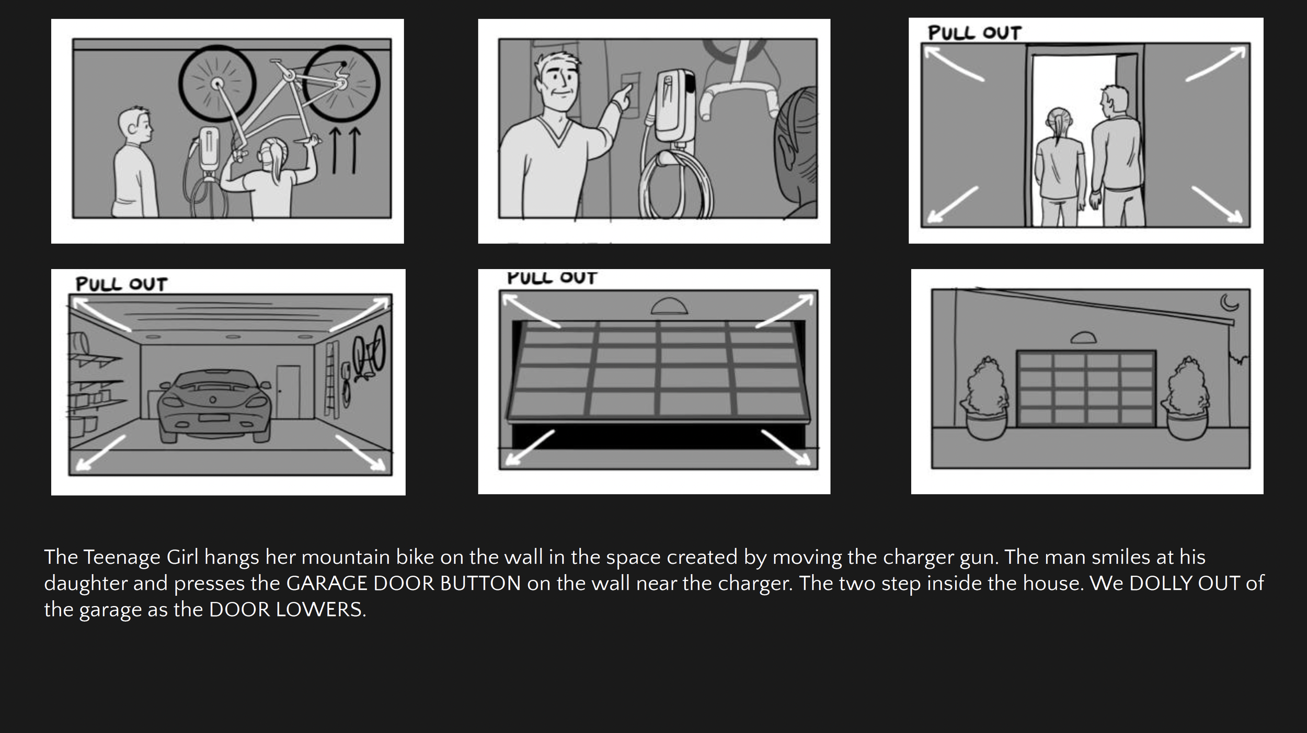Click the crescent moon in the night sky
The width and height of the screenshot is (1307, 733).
1229,302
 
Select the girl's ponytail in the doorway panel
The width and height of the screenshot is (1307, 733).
1057,128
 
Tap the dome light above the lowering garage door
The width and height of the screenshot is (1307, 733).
669,306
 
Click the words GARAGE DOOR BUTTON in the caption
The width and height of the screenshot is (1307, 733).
403,584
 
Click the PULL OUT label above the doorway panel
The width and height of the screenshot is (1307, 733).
974,33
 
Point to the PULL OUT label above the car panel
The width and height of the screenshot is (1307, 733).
121,284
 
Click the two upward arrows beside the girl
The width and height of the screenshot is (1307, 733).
345,150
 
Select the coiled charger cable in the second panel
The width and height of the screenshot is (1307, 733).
675,185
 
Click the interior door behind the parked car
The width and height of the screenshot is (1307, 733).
288,392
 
